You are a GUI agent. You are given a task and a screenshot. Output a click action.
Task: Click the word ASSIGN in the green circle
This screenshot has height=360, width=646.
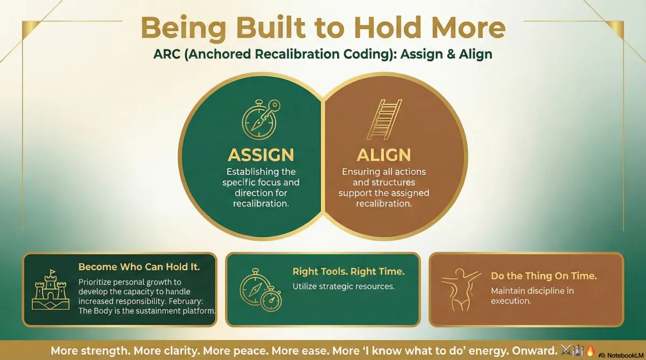click(261, 155)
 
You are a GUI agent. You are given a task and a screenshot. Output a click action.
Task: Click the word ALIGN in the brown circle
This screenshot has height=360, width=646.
click(384, 155)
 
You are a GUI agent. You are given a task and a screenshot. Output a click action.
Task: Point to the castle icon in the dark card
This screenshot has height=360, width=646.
click(49, 290)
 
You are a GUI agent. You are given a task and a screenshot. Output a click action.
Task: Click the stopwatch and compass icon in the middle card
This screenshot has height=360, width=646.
click(259, 290)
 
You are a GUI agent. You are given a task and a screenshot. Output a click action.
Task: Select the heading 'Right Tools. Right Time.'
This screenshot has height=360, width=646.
click(348, 271)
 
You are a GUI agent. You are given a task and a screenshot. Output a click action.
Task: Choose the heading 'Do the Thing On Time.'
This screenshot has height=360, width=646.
click(544, 276)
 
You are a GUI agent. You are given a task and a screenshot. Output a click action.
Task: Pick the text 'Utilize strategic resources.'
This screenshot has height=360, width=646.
click(343, 286)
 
